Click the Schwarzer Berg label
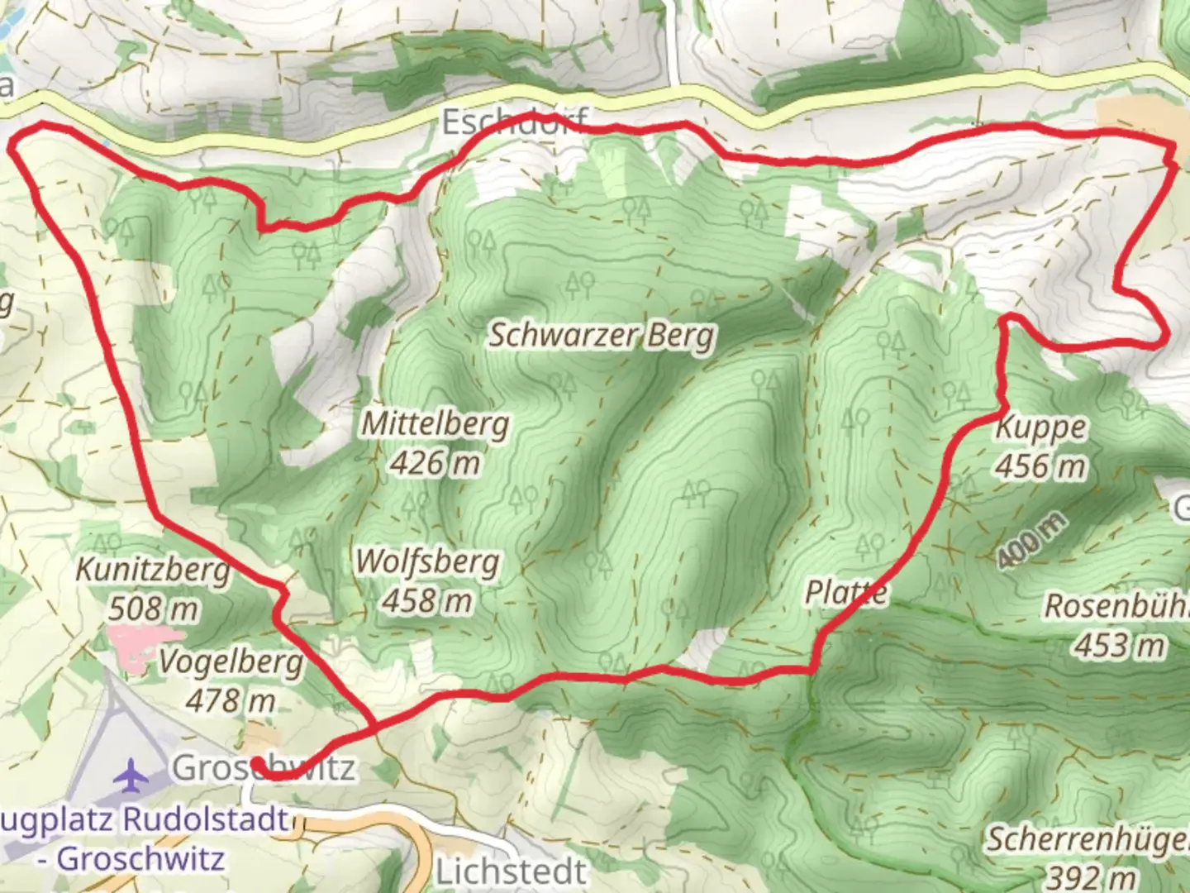pyautogui.click(x=602, y=336)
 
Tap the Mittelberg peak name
pyautogui.click(x=436, y=424)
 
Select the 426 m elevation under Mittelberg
pyautogui.click(x=435, y=463)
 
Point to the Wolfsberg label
pyautogui.click(x=427, y=562)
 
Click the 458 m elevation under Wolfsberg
pyautogui.click(x=427, y=601)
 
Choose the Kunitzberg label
pyautogui.click(x=153, y=570)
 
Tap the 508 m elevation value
pyautogui.click(x=153, y=609)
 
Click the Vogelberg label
pyautogui.click(x=231, y=662)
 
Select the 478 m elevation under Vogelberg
pyautogui.click(x=230, y=701)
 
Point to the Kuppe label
pyautogui.click(x=1040, y=427)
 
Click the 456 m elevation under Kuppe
pyautogui.click(x=1040, y=466)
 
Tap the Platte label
pyautogui.click(x=846, y=592)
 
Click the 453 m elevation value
pyautogui.click(x=1120, y=645)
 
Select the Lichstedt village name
pyautogui.click(x=511, y=872)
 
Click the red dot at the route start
pyautogui.click(x=257, y=762)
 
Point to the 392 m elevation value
pyautogui.click(x=1090, y=876)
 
